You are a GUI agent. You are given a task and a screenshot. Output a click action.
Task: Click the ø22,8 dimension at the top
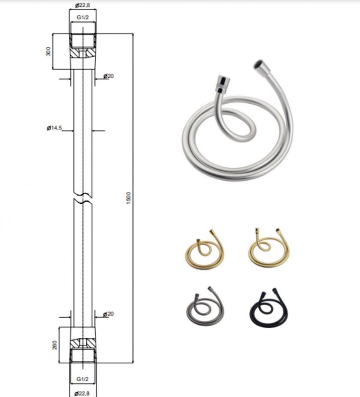coord(82,5)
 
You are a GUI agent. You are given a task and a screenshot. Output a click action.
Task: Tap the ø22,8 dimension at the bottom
coord(82,393)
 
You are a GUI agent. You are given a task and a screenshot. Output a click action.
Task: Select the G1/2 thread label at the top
coord(83,17)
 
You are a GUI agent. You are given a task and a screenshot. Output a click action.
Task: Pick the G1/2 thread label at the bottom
coord(83,379)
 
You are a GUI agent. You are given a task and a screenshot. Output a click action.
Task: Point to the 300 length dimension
coord(48,52)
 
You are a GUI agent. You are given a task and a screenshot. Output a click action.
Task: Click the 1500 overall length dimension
coord(129,198)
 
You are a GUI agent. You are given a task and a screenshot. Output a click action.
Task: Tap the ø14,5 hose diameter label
coord(55,128)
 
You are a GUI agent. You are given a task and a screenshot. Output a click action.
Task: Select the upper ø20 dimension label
coord(109,76)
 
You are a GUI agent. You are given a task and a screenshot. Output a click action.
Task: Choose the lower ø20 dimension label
coord(109,314)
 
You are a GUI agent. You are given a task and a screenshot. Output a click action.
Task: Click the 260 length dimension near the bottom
coord(55,345)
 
